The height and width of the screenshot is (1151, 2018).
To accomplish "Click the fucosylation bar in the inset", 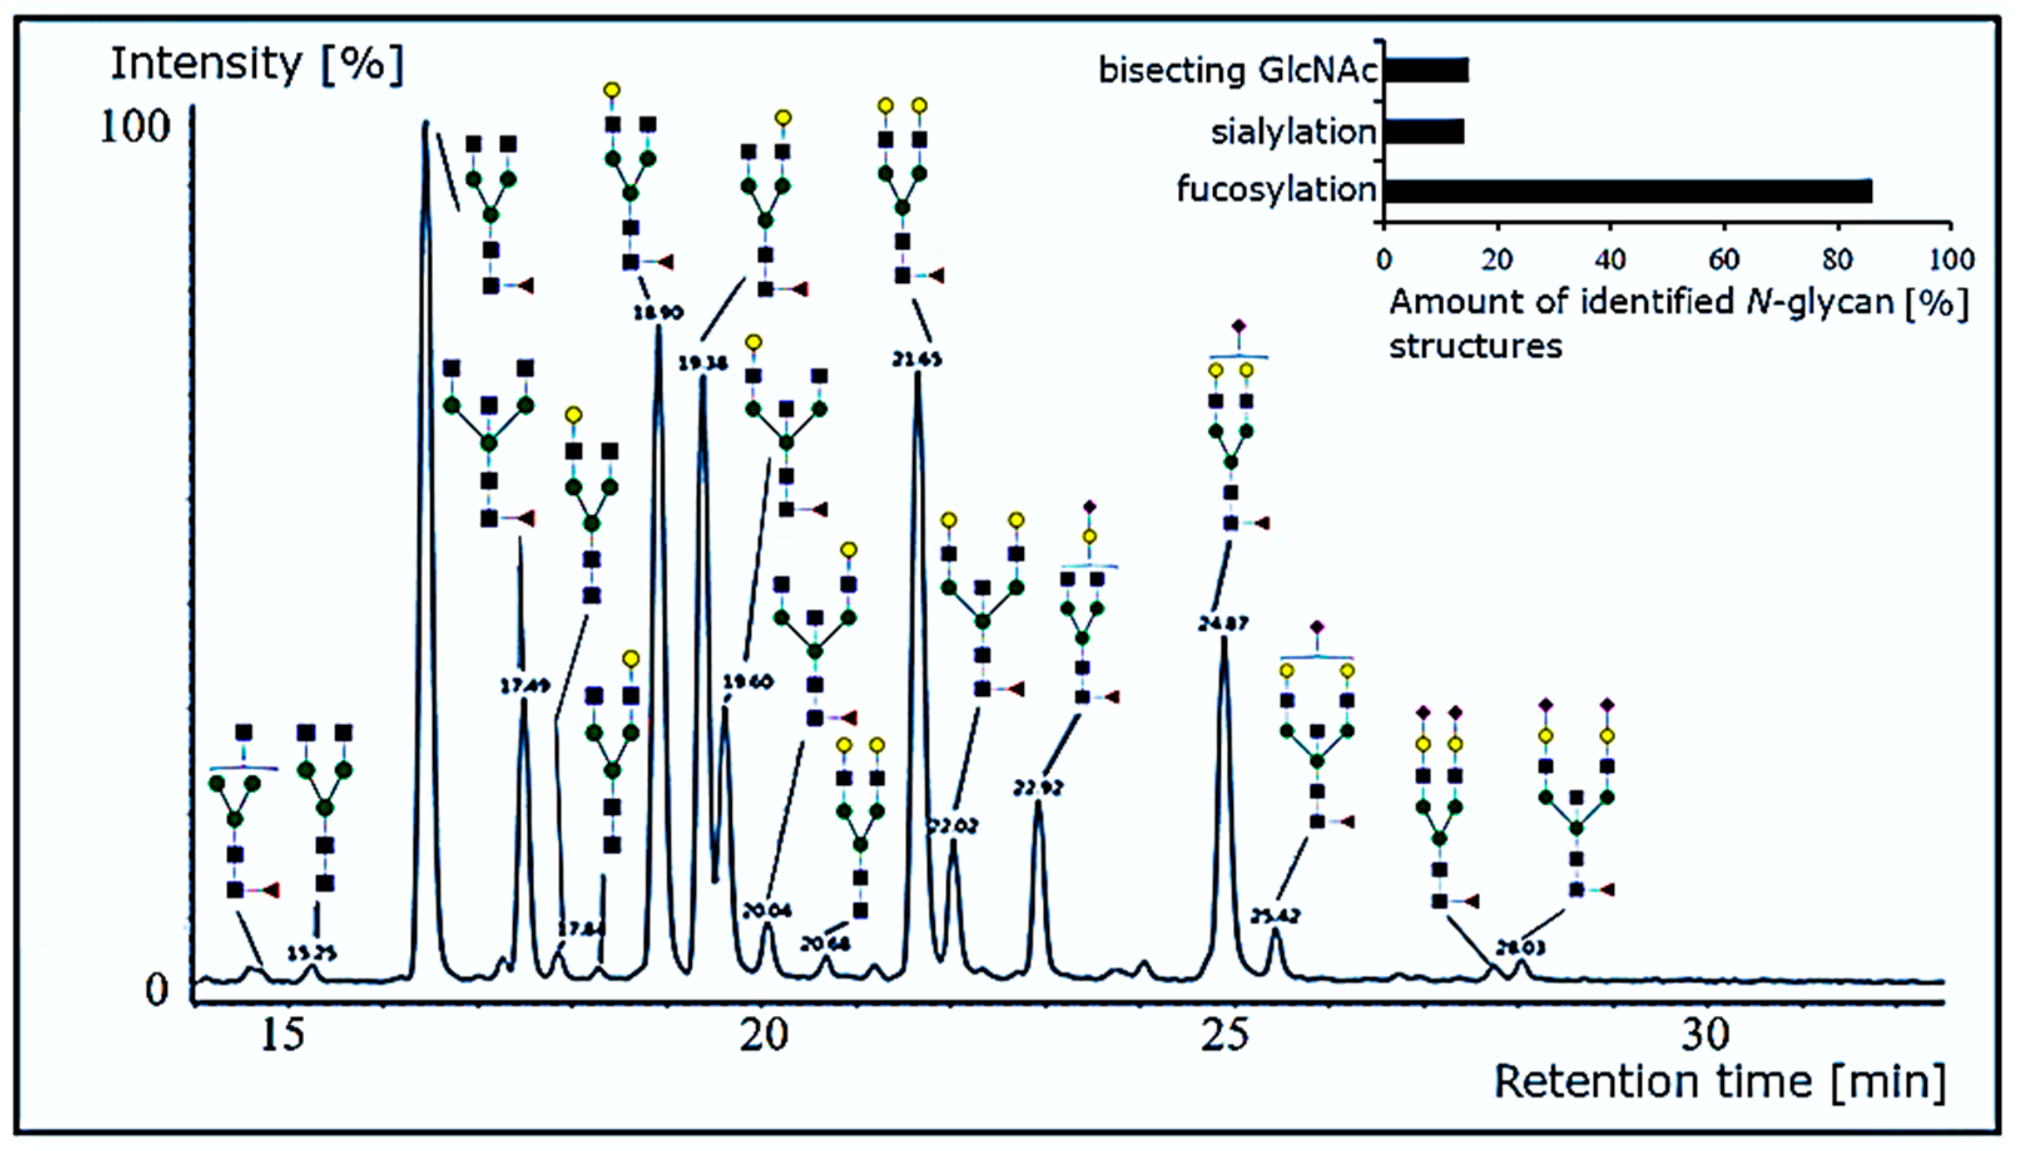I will (x=1628, y=191).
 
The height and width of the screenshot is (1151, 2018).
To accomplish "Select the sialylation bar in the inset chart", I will (x=1425, y=131).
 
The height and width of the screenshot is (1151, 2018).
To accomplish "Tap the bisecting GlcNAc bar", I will (x=1427, y=70).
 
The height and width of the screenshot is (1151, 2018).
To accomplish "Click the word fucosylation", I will (x=1276, y=190).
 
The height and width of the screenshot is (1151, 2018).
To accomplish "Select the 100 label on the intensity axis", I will (x=134, y=127).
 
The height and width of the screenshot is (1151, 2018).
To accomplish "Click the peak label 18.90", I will (x=658, y=312).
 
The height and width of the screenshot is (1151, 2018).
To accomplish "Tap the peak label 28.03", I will (x=1520, y=948).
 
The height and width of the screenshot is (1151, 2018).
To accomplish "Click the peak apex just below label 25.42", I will (x=1275, y=930).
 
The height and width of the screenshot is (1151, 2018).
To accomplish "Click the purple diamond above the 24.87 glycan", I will (x=1239, y=326).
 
